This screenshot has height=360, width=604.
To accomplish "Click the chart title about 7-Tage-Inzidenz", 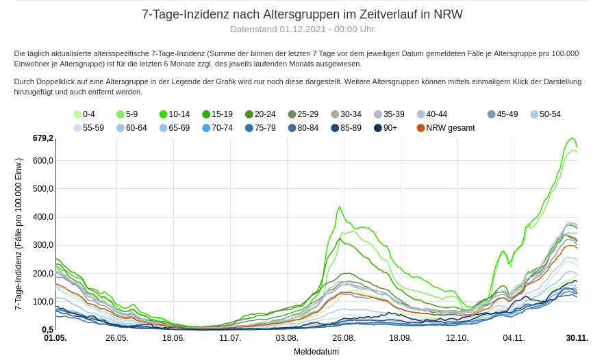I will point(302,14).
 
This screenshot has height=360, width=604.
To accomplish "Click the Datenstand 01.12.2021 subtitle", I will point(302,29).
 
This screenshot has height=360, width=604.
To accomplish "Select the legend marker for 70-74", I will point(207,128).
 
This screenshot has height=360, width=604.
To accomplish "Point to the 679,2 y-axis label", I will point(42,138).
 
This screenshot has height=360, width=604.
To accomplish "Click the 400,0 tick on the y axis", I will point(42,217).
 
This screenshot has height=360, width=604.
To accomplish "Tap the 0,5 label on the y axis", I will point(47,330).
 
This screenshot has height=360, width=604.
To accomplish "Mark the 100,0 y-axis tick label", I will point(42,302).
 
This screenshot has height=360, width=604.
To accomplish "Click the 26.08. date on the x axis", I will point(344,338).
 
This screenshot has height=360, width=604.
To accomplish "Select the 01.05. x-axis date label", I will point(55,338).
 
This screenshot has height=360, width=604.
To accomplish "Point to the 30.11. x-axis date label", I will point(577,338).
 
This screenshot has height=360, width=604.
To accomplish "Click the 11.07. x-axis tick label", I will point(230,338).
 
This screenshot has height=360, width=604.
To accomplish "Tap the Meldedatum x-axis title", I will point(316,352).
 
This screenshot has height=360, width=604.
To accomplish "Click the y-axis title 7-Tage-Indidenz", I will point(19,233).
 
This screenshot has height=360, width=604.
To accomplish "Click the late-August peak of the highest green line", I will point(340,207).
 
